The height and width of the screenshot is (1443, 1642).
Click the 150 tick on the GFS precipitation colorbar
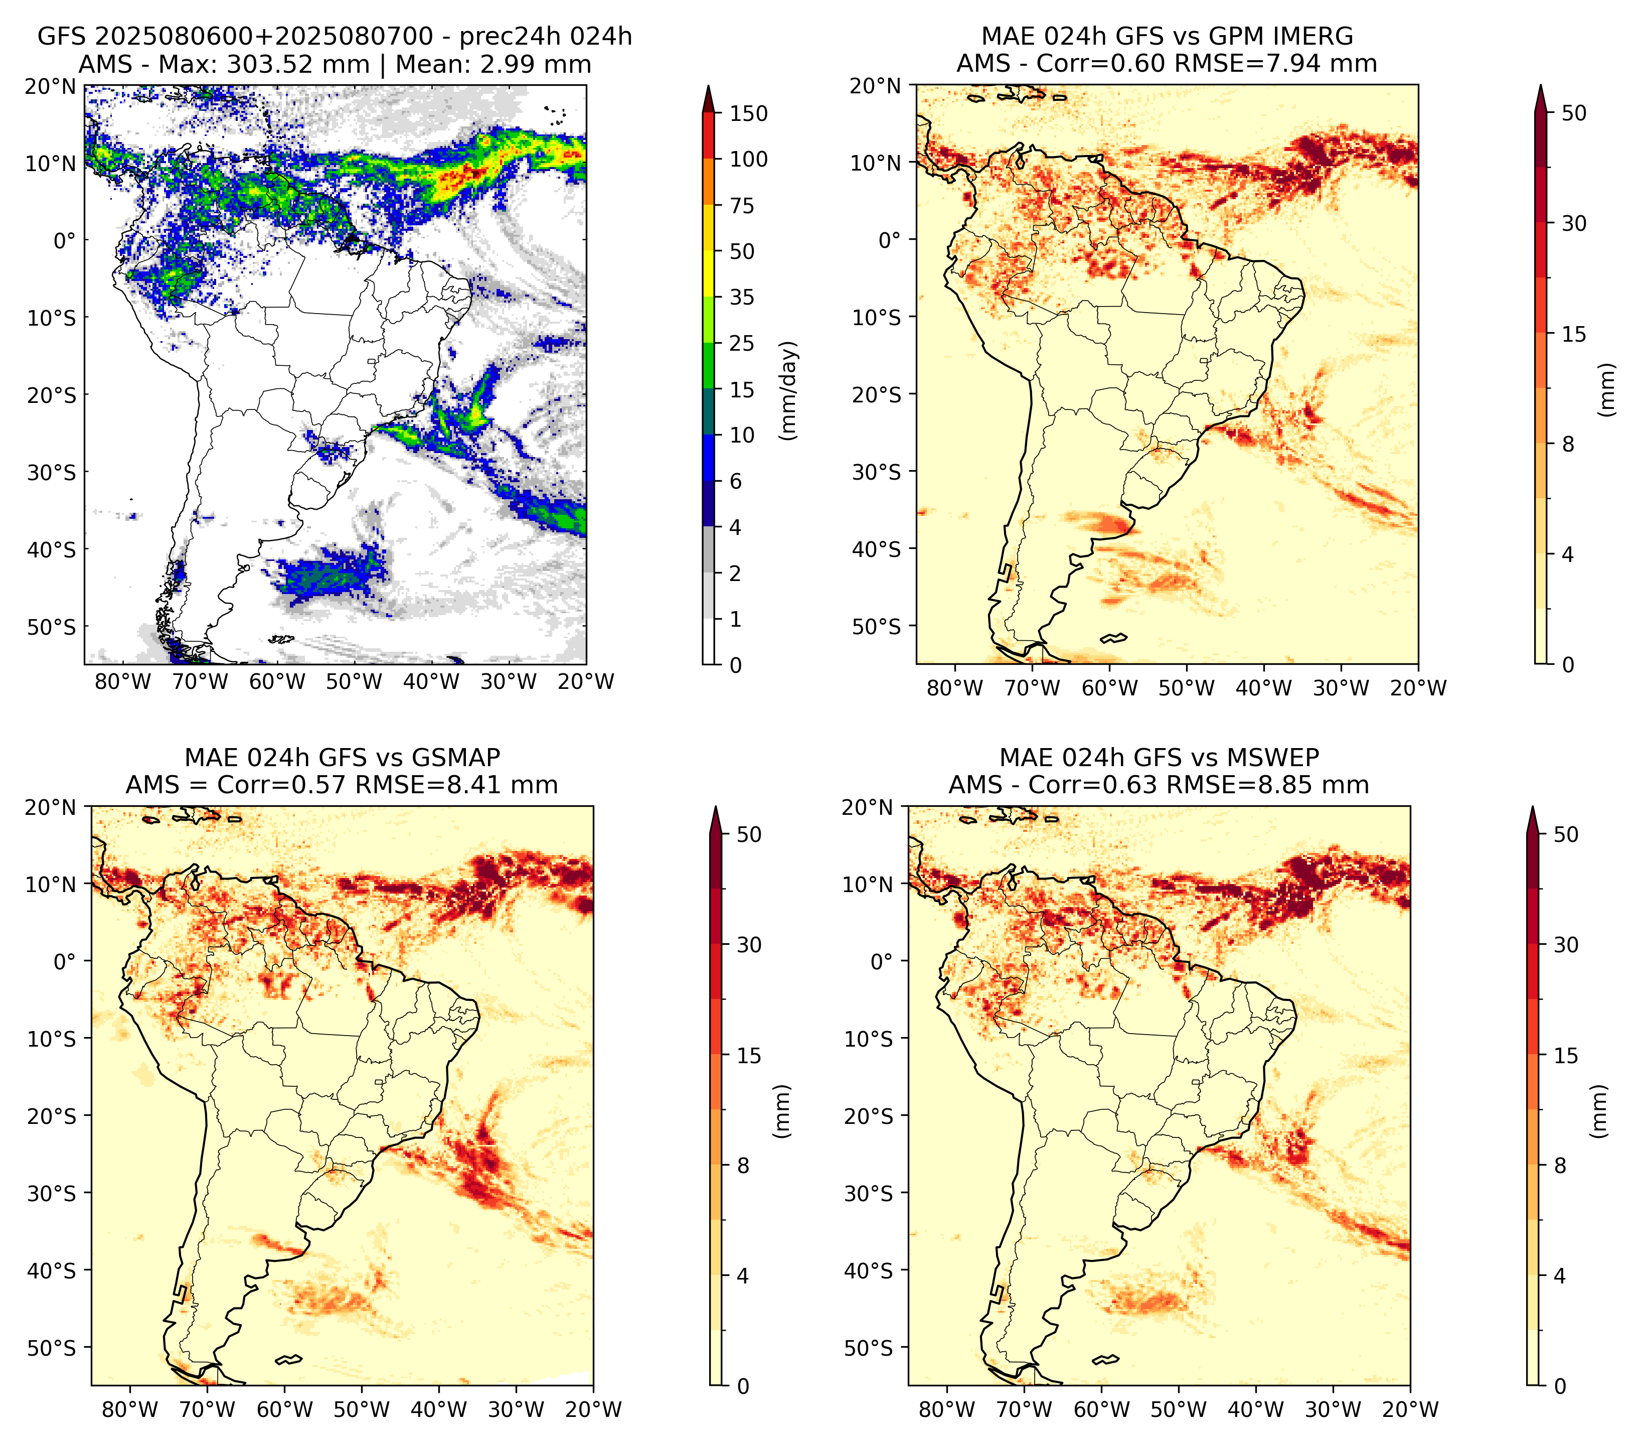[x=748, y=113]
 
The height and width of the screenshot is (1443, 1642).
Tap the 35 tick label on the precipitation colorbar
[x=741, y=297]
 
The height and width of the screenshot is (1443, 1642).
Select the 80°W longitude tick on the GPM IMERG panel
[x=954, y=688]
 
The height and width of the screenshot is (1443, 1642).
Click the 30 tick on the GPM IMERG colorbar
[x=1574, y=223]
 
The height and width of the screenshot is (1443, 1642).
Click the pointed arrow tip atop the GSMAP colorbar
[x=715, y=807]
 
